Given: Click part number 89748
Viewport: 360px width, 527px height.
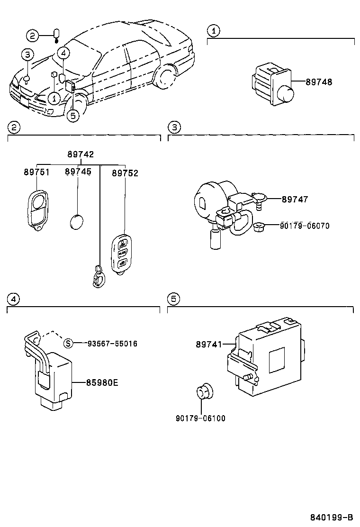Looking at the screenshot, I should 319,82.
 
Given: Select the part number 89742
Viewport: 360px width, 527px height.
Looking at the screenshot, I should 80,154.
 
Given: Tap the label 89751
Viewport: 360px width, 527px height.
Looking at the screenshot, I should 36,173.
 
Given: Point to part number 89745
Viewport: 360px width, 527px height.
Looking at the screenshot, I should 78,173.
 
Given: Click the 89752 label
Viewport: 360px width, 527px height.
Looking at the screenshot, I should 125,173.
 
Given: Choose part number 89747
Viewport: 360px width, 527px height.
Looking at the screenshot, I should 295,200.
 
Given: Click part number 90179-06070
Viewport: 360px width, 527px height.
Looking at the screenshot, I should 306,226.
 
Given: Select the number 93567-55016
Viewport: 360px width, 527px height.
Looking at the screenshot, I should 112,344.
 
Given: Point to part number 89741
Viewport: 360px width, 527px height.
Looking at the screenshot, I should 209,345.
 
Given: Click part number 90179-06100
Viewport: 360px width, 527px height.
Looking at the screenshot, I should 200,418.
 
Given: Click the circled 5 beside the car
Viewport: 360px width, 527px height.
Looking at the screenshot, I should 72,115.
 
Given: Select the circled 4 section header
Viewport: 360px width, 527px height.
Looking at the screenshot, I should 13,299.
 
